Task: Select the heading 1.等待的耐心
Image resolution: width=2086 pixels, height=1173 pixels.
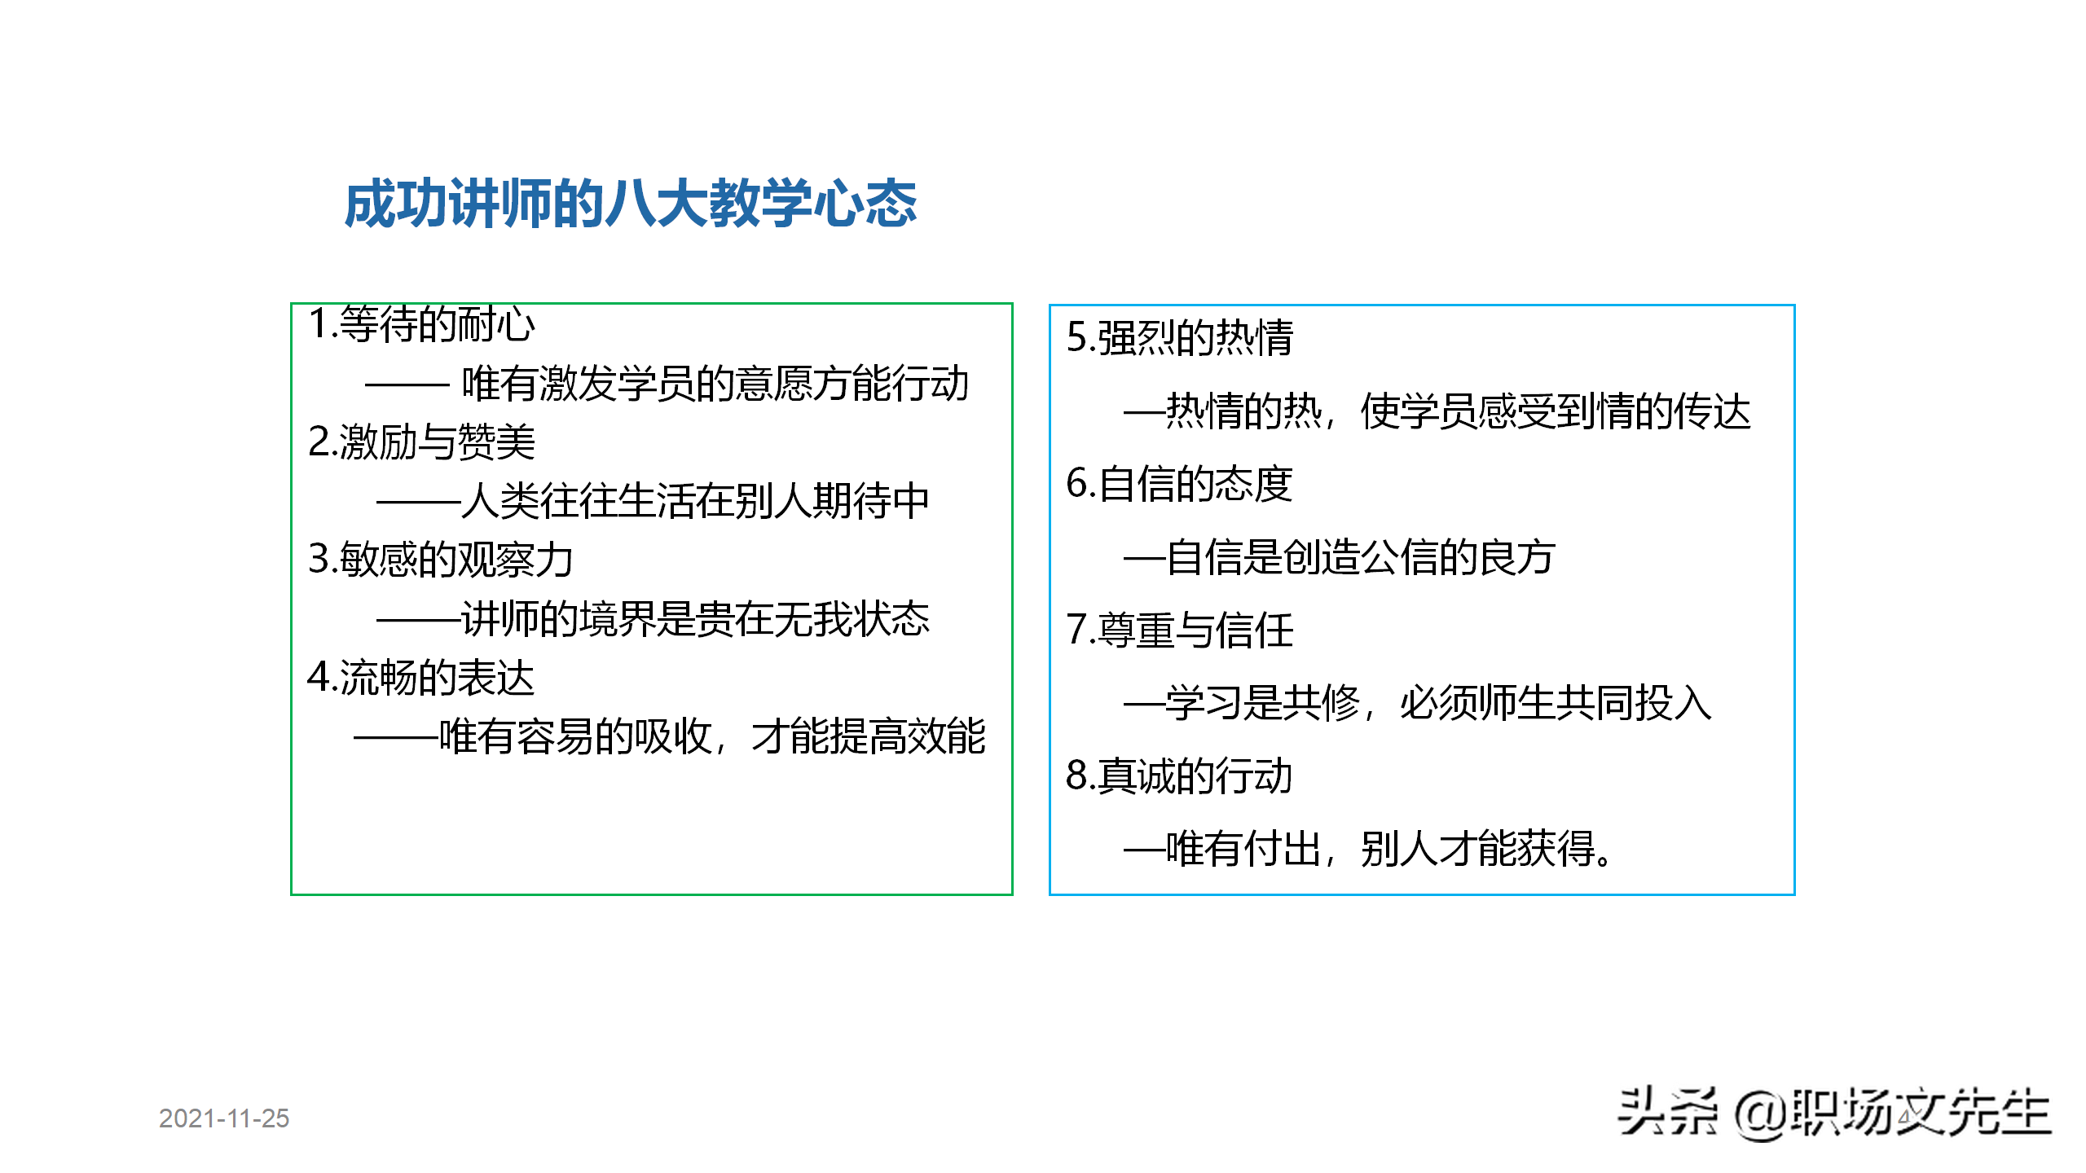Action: [x=421, y=324]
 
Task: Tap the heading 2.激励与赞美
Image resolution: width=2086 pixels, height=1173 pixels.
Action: [x=421, y=442]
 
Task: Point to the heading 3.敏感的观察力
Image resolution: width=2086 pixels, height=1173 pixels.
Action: [x=440, y=560]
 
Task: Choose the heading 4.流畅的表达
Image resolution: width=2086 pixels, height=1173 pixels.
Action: [x=420, y=678]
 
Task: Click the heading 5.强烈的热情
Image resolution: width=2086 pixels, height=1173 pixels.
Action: [x=1179, y=338]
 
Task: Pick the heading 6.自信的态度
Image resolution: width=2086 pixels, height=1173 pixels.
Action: [x=1179, y=484]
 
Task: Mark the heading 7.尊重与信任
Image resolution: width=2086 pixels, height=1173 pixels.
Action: [x=1179, y=630]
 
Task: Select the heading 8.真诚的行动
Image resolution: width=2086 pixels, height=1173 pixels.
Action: [x=1179, y=775]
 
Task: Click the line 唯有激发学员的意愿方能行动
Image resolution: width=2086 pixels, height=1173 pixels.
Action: [x=715, y=384]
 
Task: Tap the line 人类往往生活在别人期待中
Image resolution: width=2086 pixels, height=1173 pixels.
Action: [x=694, y=501]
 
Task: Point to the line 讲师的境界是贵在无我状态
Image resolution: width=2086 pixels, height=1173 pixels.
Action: [x=694, y=619]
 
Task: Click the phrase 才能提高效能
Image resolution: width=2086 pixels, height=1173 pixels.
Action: [x=868, y=736]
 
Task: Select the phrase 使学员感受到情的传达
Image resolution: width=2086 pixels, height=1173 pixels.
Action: [x=1555, y=411]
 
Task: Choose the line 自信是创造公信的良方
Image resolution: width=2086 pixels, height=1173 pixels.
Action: [x=1360, y=557]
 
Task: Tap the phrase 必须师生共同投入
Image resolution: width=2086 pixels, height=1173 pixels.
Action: [x=1555, y=703]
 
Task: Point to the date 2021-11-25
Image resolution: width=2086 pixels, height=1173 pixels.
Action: [x=224, y=1118]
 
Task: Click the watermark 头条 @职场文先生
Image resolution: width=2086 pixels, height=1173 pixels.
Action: [x=1833, y=1113]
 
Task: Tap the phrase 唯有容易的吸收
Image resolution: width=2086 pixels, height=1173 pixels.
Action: [x=575, y=736]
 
